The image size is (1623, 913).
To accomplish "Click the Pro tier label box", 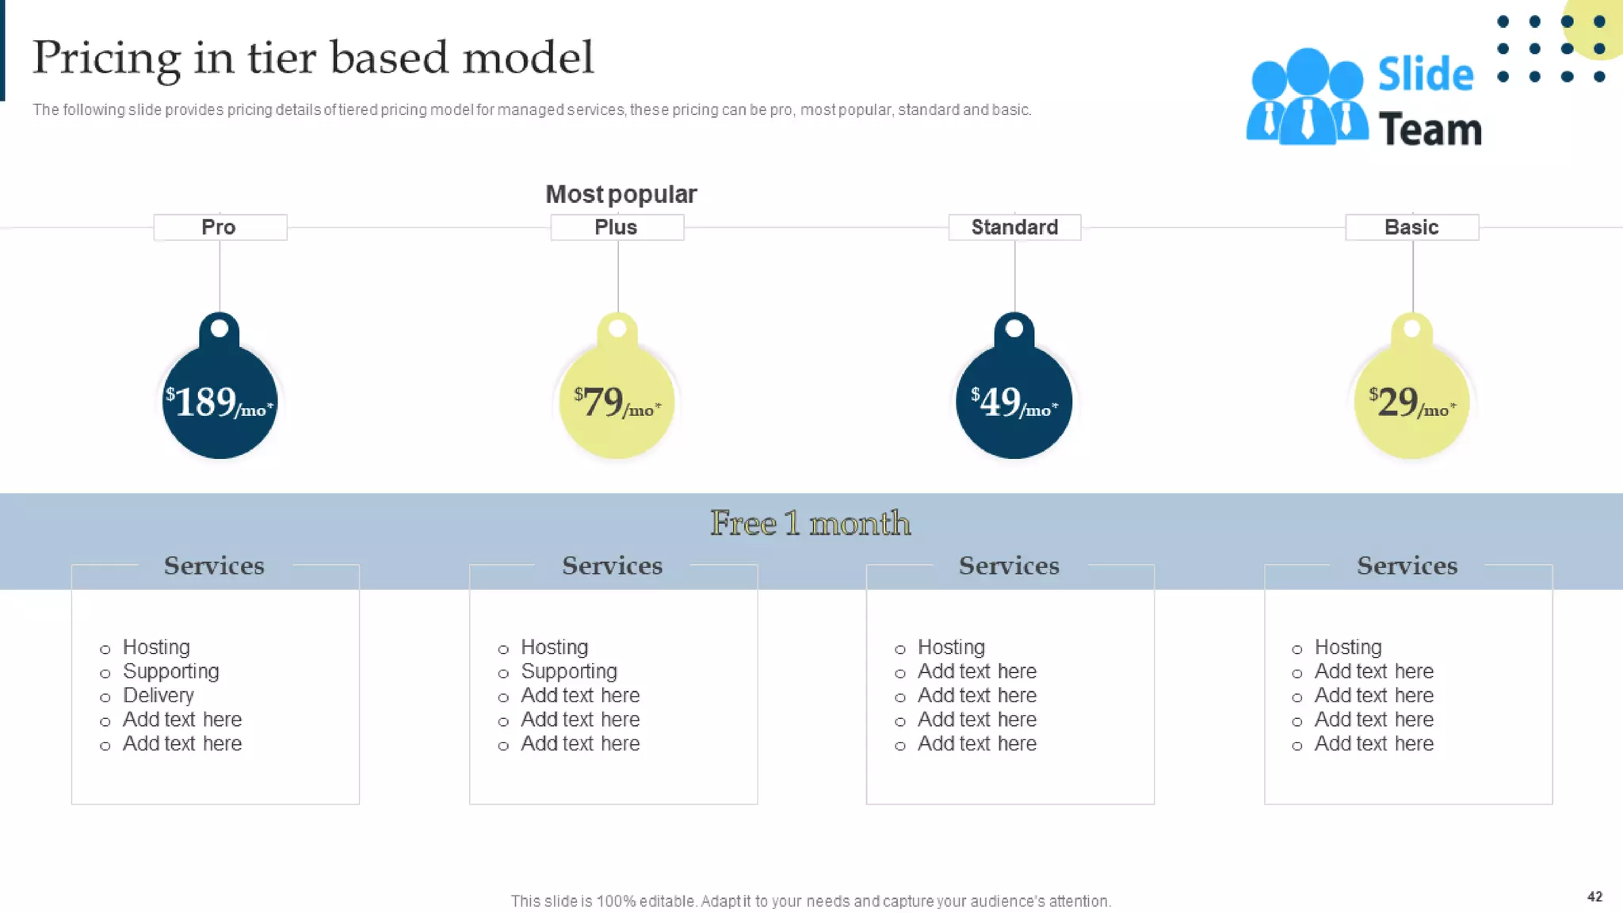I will click(220, 227).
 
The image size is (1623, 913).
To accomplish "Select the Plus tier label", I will click(617, 227).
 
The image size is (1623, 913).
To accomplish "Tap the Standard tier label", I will click(1014, 227).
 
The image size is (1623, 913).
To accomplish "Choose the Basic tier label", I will click(1411, 227).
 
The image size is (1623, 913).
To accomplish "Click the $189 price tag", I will click(220, 402).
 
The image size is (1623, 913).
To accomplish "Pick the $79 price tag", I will click(617, 402).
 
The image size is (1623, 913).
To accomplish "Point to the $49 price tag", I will click(1014, 402).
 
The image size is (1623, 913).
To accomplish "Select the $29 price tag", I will click(1411, 402).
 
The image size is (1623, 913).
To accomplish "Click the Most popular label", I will click(621, 194).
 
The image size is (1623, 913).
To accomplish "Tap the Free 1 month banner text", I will click(810, 523).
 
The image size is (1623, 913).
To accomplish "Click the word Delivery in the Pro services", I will click(158, 696).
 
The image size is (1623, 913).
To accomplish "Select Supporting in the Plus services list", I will click(568, 672).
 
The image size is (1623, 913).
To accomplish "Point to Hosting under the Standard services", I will click(951, 648).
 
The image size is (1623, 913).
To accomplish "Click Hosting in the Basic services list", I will click(1348, 648).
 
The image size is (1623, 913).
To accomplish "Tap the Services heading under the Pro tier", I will click(214, 566).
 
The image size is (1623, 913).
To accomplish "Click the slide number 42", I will click(1594, 896).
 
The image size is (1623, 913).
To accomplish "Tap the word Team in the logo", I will click(1430, 130).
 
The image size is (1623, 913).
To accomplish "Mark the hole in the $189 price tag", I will click(220, 328).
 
